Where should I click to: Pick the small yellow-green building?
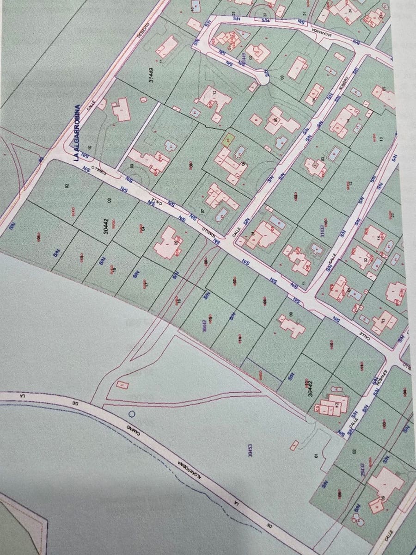coord(227,138)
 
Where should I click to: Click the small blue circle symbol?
coord(132,413)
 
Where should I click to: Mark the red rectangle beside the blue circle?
coord(122,384)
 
